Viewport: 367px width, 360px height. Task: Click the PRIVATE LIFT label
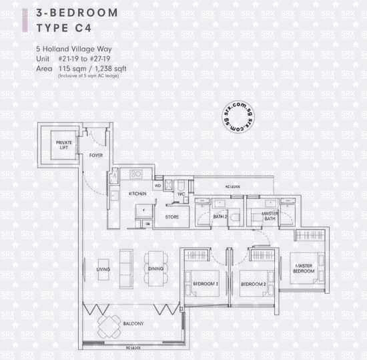pos(64,144)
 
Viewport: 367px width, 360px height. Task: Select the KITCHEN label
pos(138,193)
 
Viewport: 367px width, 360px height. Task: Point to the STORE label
pos(171,217)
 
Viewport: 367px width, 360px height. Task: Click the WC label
pos(181,194)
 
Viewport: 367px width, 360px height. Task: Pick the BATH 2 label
pos(221,217)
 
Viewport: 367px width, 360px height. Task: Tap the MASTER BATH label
pos(256,216)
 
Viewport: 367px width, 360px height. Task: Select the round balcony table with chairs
pos(109,327)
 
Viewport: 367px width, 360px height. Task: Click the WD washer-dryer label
pos(158,185)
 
